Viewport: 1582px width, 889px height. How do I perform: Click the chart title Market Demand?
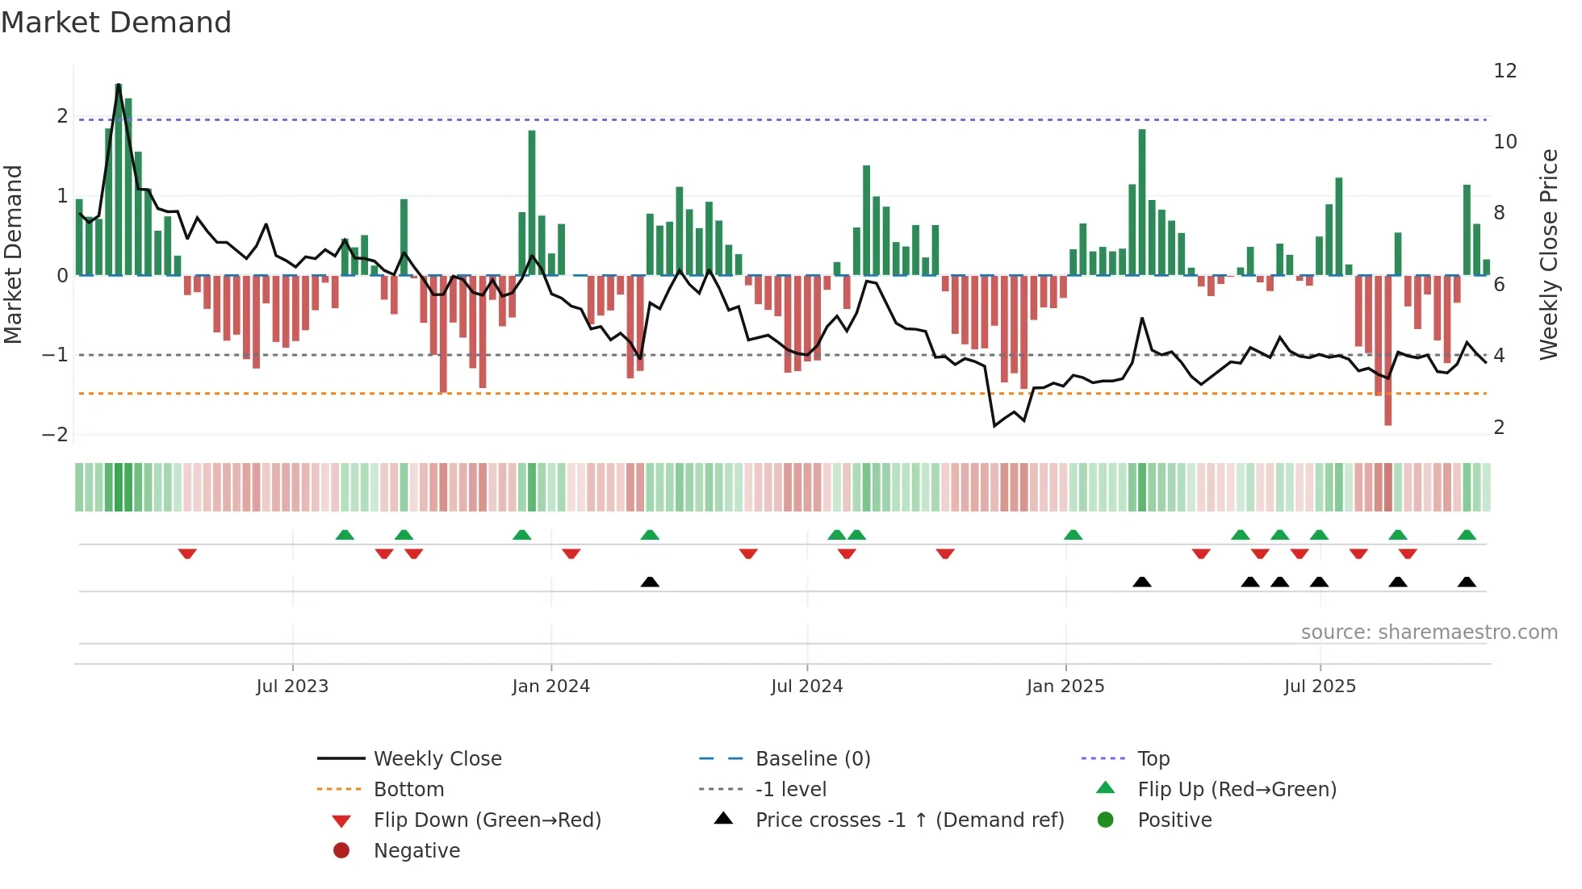116,23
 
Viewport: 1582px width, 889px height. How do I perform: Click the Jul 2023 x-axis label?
292,687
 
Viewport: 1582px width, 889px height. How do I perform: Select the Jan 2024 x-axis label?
550,687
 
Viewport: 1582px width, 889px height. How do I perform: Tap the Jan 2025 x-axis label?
1065,687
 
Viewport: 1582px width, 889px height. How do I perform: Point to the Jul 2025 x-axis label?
1320,687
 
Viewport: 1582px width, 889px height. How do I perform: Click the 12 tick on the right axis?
1505,71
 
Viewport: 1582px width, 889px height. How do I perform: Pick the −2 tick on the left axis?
55,435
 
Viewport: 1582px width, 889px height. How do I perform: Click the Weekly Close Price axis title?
1548,254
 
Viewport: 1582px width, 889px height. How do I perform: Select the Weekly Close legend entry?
437,759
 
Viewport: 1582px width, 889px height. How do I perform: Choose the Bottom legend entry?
408,790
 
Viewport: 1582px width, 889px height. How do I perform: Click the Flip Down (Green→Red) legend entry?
487,820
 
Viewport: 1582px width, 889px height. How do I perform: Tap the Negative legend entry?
416,851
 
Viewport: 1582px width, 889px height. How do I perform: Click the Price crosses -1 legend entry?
909,820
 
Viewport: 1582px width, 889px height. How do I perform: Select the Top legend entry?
1153,759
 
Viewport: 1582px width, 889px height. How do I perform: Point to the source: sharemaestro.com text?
1429,632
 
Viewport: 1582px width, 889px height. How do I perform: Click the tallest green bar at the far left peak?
119,177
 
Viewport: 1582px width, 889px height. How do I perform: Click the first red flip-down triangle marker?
187,554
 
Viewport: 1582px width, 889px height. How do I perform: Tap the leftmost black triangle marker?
650,582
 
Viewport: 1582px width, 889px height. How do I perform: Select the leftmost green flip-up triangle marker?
345,535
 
